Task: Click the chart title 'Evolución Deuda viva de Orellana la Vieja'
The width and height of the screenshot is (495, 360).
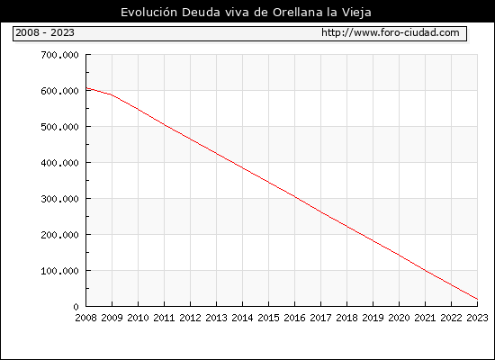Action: point(246,13)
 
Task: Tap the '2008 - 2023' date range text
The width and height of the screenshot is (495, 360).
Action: point(45,32)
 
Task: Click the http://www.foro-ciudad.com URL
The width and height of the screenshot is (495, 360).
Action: point(391,32)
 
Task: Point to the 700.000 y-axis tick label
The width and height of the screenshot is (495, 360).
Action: point(59,55)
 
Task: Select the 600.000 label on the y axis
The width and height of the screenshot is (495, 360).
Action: point(59,91)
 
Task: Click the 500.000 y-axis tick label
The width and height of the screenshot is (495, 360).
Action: point(59,127)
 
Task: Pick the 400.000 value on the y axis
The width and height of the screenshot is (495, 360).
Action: point(59,163)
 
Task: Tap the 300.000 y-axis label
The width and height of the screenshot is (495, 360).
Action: point(59,199)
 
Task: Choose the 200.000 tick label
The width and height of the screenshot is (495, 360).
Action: point(59,235)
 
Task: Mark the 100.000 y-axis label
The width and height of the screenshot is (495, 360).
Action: point(59,271)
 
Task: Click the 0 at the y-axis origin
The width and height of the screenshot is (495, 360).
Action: point(76,307)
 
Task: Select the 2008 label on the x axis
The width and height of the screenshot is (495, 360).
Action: point(85,318)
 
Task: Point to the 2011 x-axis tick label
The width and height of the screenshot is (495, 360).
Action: point(164,318)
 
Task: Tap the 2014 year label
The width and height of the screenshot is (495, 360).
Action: point(242,318)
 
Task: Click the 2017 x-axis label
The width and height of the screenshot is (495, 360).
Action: point(320,318)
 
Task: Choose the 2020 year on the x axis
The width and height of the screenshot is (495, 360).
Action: point(399,318)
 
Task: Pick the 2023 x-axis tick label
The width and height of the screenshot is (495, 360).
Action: point(477,318)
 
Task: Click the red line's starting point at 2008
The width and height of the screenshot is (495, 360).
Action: point(86,88)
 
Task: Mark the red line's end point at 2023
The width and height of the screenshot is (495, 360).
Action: point(477,299)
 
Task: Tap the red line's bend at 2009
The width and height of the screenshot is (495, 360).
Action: point(112,94)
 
